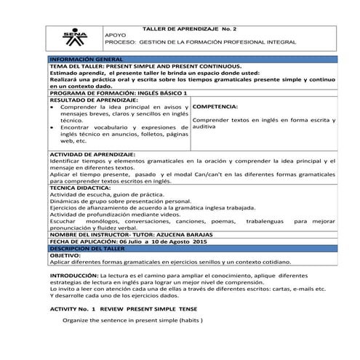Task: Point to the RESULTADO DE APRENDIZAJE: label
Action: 88,100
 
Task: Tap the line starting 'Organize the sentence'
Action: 132,320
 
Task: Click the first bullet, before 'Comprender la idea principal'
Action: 52,106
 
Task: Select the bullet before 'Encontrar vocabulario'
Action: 52,127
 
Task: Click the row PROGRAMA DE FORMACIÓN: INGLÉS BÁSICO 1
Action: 119,93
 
